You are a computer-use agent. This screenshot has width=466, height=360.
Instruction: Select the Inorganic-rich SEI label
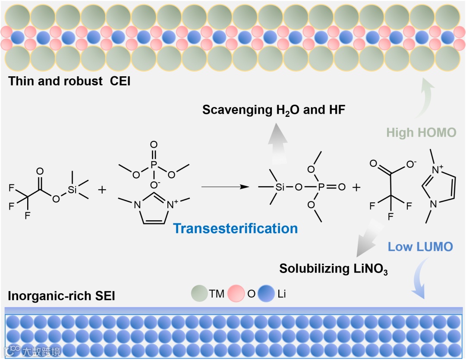point(61,297)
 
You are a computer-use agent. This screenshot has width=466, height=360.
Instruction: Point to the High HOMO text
point(421,132)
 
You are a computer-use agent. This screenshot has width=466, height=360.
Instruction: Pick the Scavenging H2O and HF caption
point(274,110)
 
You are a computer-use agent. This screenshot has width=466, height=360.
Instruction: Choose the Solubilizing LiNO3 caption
point(334,269)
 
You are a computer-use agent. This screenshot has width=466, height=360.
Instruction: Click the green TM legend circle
point(199,294)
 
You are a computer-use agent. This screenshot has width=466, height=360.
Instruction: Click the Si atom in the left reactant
point(72,189)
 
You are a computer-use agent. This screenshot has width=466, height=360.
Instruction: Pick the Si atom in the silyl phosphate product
point(280,188)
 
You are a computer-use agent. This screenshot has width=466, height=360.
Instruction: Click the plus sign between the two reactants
point(102,189)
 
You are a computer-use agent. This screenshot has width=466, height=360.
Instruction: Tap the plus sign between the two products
point(356,188)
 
